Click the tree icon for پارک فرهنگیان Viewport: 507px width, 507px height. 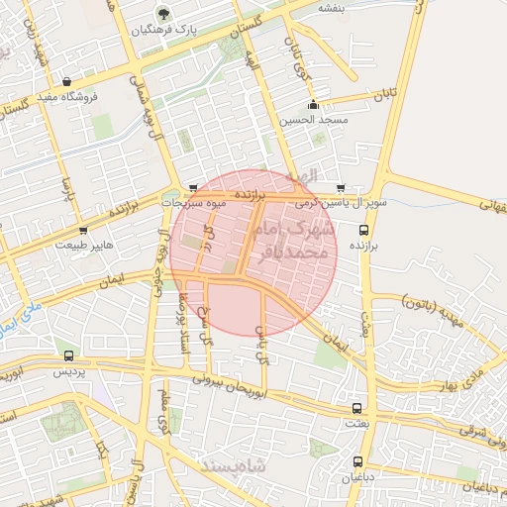click(162, 14)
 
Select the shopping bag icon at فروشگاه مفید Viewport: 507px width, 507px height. click(66, 82)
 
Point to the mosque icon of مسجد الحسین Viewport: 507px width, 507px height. click(314, 104)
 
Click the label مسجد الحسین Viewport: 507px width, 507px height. click(314, 120)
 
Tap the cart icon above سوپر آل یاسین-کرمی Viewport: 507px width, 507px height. click(341, 187)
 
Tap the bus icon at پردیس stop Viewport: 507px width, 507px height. click(68, 355)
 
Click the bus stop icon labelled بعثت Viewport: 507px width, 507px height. click(356, 407)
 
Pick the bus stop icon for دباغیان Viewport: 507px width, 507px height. click(358, 462)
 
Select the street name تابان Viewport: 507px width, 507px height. click(383, 95)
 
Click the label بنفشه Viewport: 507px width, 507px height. click(330, 7)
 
